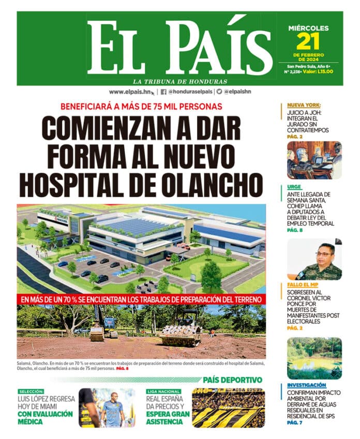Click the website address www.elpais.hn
click(131, 92)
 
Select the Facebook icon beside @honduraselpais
click(163, 92)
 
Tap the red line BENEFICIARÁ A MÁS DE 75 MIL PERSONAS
click(141, 107)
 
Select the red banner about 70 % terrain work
click(141, 299)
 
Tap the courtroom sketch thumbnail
click(314, 160)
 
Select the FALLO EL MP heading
click(306, 285)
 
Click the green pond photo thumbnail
click(314, 358)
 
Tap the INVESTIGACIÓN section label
click(306, 385)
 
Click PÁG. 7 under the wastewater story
click(295, 423)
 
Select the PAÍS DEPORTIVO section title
click(233, 380)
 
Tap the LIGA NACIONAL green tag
click(163, 392)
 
